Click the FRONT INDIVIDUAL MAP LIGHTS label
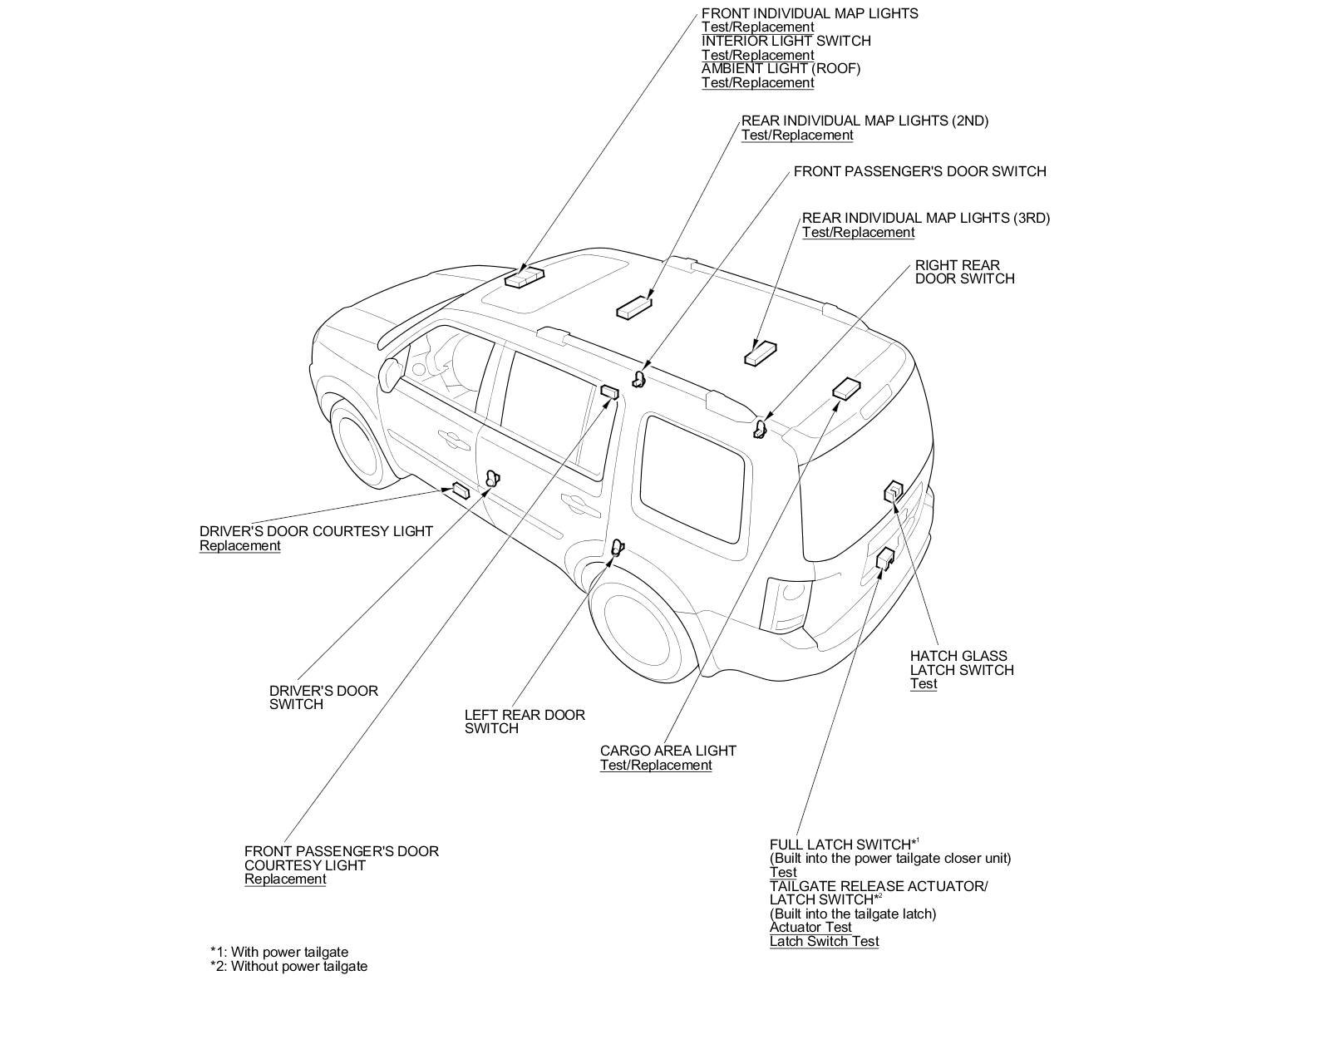tap(810, 13)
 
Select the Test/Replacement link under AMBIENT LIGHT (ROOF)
tap(757, 83)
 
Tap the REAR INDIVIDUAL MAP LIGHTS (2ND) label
tap(864, 121)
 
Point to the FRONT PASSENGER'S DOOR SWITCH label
tap(919, 171)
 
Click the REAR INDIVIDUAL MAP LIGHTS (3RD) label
tap(926, 218)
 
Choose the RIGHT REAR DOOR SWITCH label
tap(964, 272)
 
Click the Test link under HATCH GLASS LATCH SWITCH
tap(923, 684)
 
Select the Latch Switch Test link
tap(824, 941)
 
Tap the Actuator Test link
tap(810, 927)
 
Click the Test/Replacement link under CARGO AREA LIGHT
tap(656, 765)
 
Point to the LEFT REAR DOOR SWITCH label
tap(524, 722)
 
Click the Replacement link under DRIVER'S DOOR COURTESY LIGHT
tap(239, 546)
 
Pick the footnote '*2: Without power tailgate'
tap(288, 966)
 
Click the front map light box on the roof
tap(524, 277)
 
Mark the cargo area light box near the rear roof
tap(847, 387)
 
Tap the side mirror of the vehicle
tap(391, 372)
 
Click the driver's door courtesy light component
tap(460, 490)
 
